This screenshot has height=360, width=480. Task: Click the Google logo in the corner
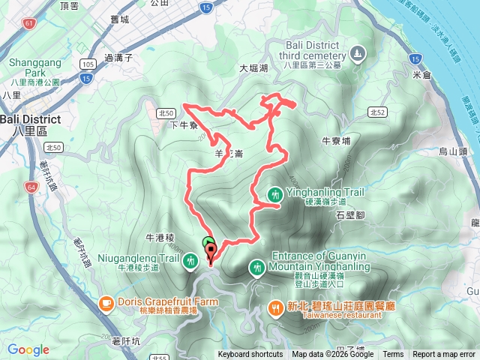(28, 349)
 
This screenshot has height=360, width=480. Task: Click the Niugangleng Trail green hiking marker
(192, 260)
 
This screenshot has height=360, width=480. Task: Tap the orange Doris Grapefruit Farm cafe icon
(106, 303)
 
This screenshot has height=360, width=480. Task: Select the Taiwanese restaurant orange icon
(275, 307)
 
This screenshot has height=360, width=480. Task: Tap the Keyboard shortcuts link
(250, 355)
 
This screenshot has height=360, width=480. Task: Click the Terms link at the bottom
(393, 355)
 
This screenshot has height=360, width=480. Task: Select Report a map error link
(444, 355)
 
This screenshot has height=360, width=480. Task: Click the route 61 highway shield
(28, 24)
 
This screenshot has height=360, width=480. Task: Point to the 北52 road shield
(377, 112)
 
